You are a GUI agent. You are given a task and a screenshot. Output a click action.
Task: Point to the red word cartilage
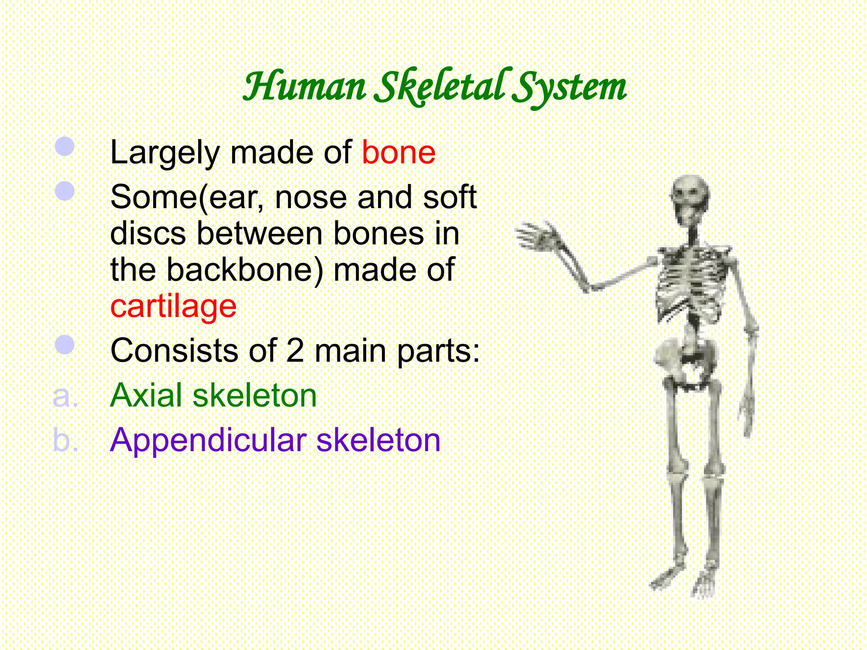(x=173, y=306)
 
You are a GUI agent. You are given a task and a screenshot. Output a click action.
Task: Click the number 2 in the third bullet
(x=295, y=351)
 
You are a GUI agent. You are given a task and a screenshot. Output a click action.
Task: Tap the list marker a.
(x=65, y=396)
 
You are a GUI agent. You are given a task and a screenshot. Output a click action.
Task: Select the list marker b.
(x=65, y=440)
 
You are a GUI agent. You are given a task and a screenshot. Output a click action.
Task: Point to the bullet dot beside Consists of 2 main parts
(x=65, y=344)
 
